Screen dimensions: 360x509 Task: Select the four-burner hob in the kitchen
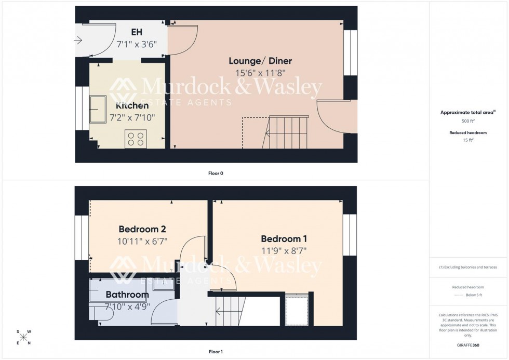coord(136,138)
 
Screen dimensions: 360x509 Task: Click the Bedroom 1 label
coord(284,239)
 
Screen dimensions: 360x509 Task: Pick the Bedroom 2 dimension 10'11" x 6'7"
coord(143,241)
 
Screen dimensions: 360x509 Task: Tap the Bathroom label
coord(127,295)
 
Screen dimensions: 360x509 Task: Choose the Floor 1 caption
coord(216,352)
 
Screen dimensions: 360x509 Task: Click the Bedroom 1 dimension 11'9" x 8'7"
coord(284,250)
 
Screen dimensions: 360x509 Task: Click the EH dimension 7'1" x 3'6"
coord(137,45)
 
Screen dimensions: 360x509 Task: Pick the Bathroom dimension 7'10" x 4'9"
coord(127,305)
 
